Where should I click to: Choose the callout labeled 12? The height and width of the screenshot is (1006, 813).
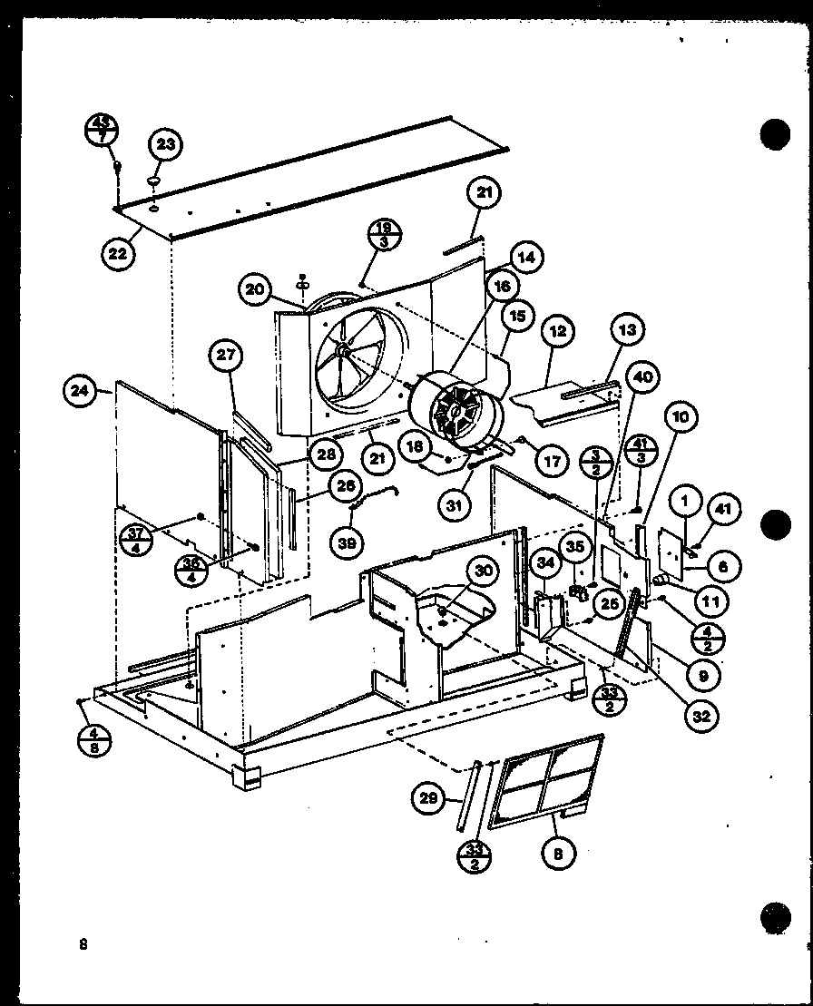pyautogui.click(x=557, y=331)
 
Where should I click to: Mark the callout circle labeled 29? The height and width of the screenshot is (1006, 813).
pyautogui.click(x=427, y=798)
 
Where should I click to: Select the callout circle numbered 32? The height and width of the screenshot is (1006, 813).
pyautogui.click(x=700, y=716)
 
